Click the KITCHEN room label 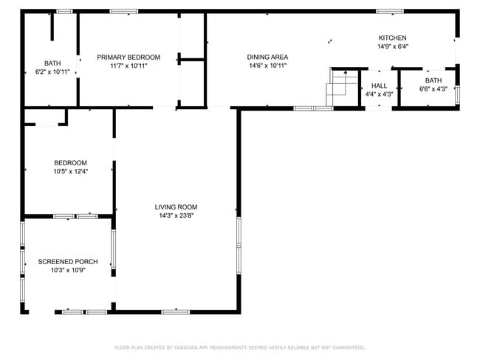tap(392, 38)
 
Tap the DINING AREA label tap(267, 57)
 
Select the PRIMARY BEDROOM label tap(128, 57)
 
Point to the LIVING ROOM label tap(176, 207)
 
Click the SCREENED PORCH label tap(67, 261)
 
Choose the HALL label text tap(379, 86)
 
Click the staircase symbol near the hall tap(342, 86)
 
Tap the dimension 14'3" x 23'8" tap(177, 215)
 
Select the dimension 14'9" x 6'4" tap(392, 46)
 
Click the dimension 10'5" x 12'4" tap(70, 171)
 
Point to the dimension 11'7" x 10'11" tap(128, 65)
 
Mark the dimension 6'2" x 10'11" tap(52, 72)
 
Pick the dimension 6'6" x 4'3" tap(433, 89)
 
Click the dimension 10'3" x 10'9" tap(67, 270)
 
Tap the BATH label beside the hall tap(433, 80)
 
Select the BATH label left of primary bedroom tap(52, 63)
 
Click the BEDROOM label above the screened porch tap(70, 163)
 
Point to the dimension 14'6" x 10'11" tap(267, 65)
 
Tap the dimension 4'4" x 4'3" tap(379, 94)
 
